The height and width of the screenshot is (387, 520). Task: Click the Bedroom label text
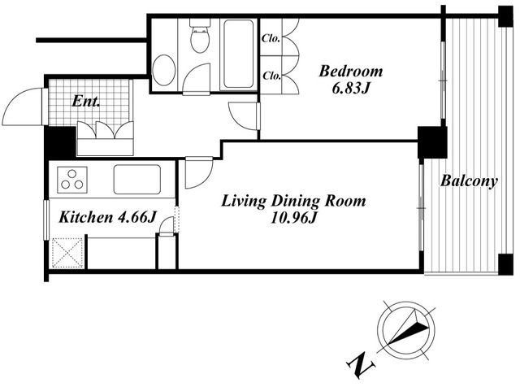coord(350,72)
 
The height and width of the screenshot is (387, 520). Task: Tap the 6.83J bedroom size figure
coord(350,89)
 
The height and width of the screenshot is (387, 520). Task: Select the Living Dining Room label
coord(293,201)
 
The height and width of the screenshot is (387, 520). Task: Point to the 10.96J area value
coord(294,218)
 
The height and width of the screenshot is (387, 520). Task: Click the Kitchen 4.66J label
coord(106,218)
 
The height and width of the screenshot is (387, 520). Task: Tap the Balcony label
coord(469,181)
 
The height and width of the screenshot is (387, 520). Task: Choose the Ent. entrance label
coord(86,102)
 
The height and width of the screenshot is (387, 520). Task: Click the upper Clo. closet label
coord(271,38)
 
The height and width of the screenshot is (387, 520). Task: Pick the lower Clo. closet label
coord(272,76)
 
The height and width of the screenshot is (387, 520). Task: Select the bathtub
coord(238,54)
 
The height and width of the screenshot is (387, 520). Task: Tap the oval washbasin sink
coord(163,71)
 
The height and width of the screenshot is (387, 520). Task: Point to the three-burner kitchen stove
coord(72,180)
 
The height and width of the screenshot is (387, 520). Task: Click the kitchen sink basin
coord(137,179)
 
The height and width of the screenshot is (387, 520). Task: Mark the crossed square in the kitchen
coord(67,253)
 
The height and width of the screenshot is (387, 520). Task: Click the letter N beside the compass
coord(361,364)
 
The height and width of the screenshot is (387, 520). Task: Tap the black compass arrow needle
coord(408,327)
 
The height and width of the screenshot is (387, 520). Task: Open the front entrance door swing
coord(23,107)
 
